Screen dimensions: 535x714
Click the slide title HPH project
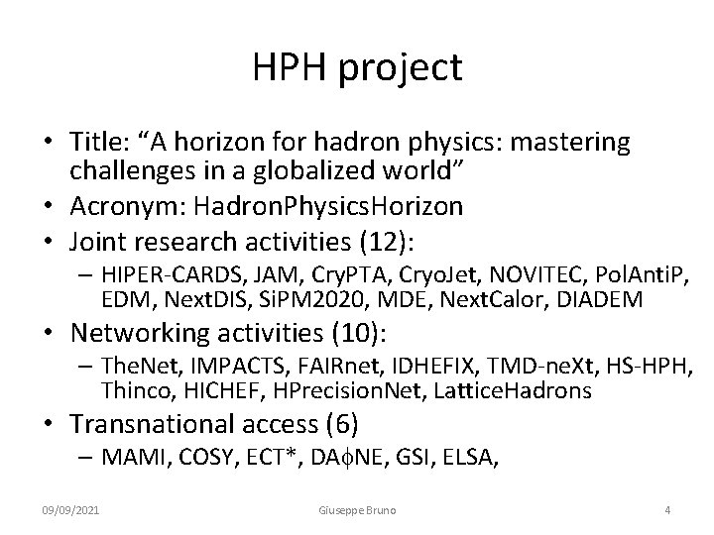click(x=357, y=67)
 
